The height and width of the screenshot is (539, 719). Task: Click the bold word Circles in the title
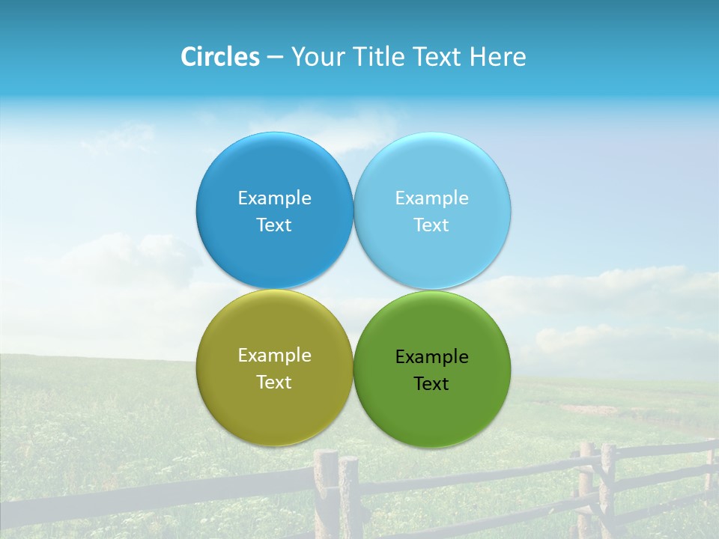pos(220,57)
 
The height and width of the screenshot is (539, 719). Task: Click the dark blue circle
pos(274,172)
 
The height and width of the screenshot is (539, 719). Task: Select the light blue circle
pos(432,172)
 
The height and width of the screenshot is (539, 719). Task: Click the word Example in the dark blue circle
pos(274,198)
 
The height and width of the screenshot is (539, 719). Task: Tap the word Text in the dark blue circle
pos(274,225)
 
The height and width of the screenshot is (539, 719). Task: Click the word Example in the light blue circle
pos(432,198)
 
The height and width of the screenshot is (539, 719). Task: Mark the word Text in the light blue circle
pos(432,225)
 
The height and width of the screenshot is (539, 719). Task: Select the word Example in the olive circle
pos(274,355)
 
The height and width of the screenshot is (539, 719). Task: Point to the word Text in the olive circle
pos(274,382)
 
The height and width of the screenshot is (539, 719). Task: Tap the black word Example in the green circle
pos(432,356)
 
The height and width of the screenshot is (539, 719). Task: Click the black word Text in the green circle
pos(432,383)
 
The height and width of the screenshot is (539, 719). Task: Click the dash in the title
pos(275,58)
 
